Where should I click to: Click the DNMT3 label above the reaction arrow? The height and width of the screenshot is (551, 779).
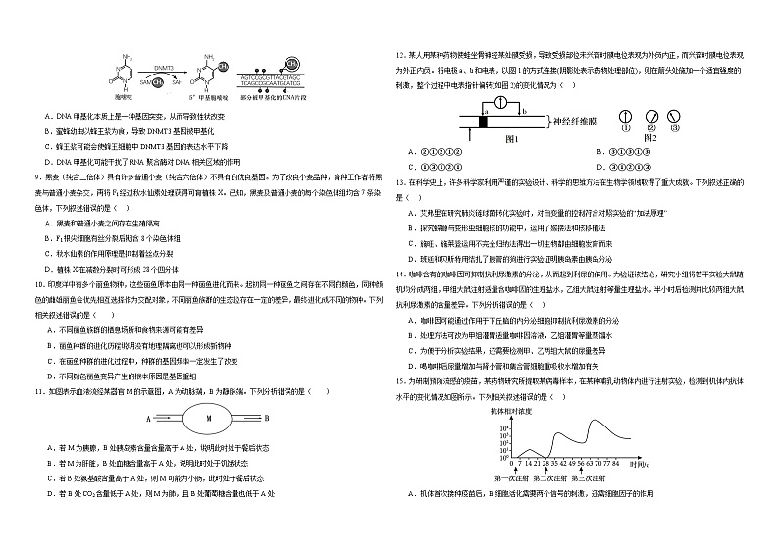(x=162, y=69)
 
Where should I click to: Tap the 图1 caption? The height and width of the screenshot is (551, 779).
(x=511, y=138)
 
